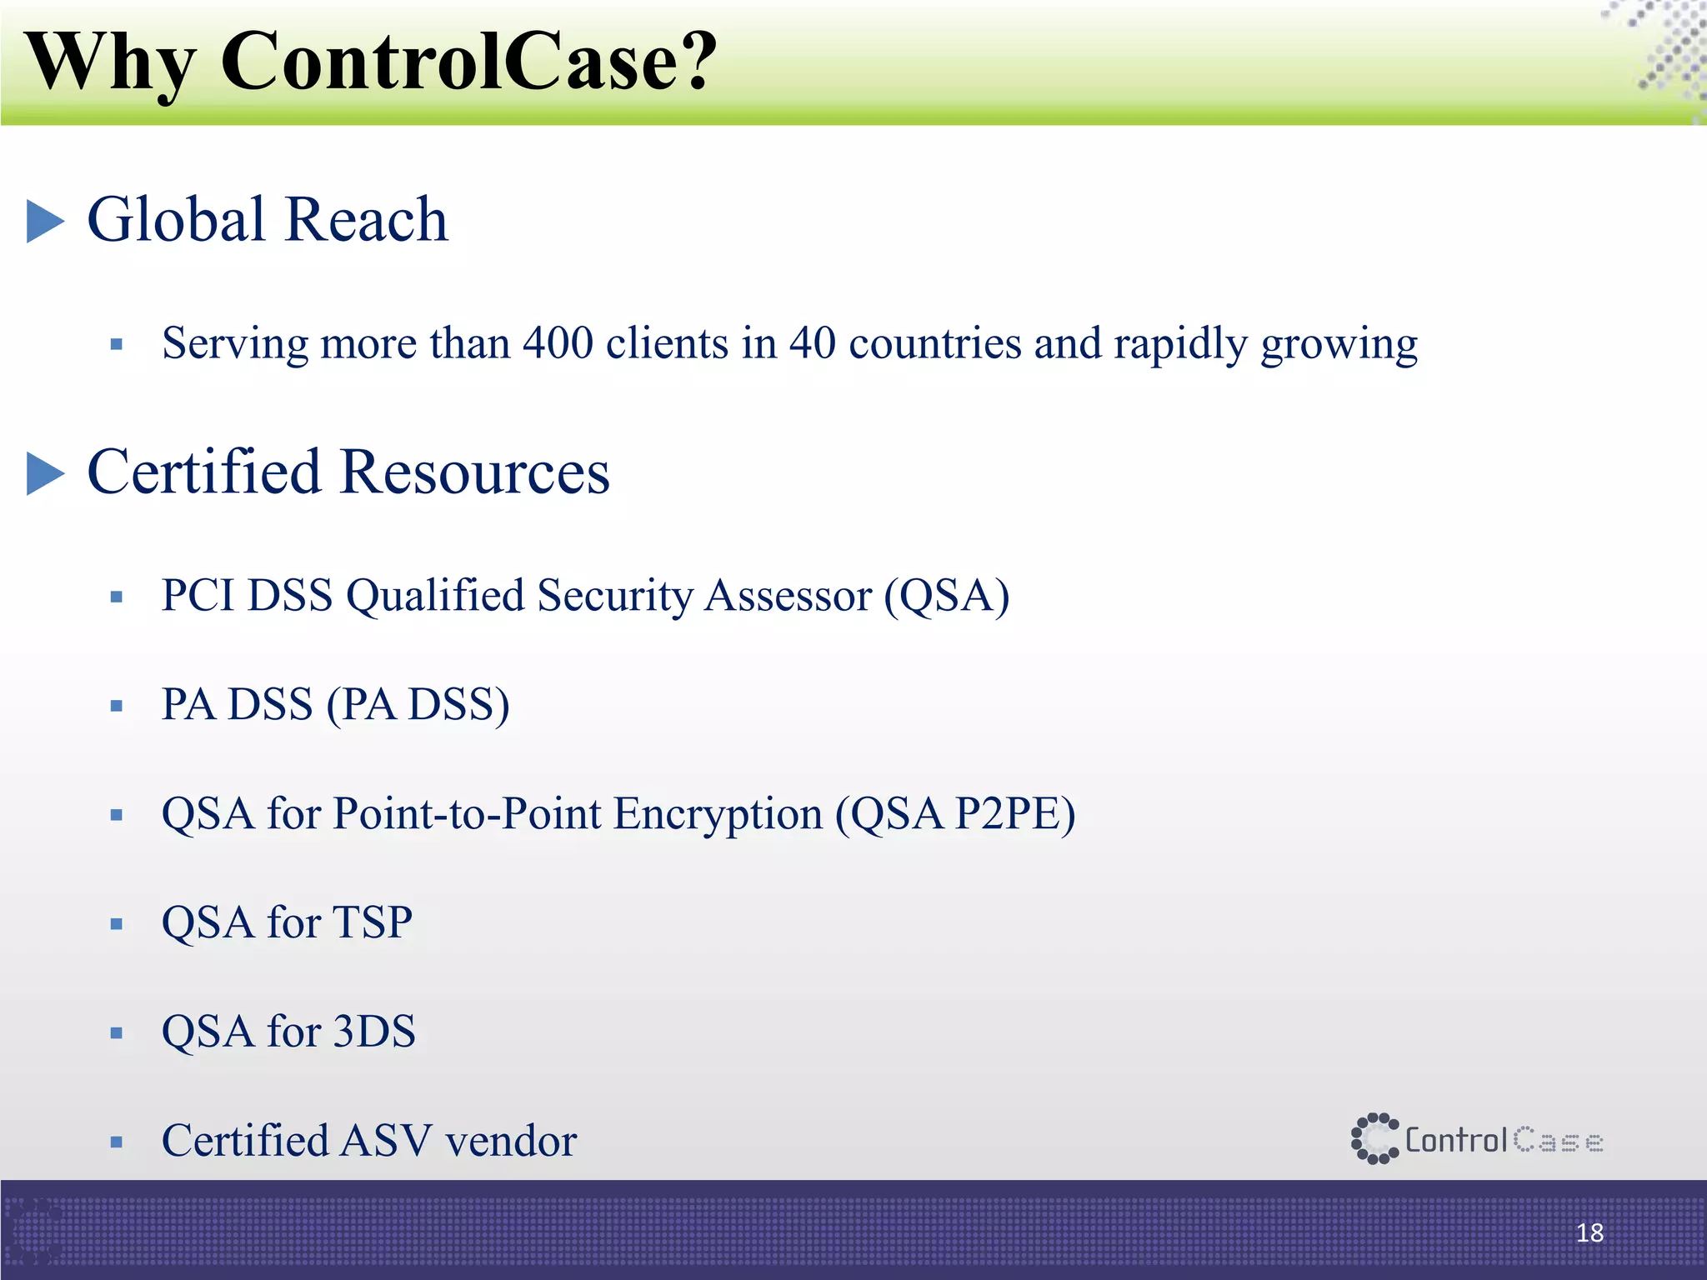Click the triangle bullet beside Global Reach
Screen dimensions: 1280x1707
(44, 221)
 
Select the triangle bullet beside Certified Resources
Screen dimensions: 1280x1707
(44, 473)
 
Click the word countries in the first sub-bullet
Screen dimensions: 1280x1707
(934, 342)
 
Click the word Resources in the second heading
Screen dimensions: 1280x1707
(474, 472)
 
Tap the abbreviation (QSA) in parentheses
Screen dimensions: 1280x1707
(947, 597)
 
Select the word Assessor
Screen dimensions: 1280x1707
(787, 597)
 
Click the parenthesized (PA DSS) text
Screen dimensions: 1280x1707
(418, 705)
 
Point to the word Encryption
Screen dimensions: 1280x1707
(718, 815)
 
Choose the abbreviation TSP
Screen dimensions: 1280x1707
(373, 922)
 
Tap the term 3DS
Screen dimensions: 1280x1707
(374, 1032)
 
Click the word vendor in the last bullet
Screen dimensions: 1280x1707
(511, 1141)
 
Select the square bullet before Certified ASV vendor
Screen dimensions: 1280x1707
(117, 1142)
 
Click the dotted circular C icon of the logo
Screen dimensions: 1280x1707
(1374, 1138)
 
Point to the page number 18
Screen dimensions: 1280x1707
(1589, 1232)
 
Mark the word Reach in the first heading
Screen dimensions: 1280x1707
(368, 220)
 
